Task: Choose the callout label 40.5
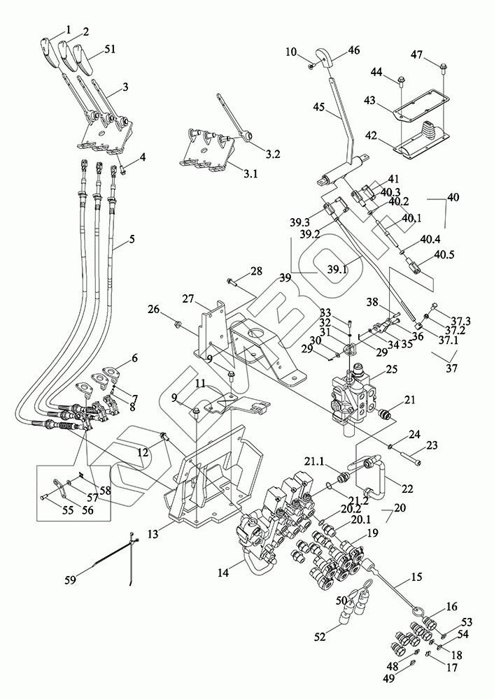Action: (446, 255)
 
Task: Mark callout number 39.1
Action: (338, 268)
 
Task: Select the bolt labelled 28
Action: (230, 282)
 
